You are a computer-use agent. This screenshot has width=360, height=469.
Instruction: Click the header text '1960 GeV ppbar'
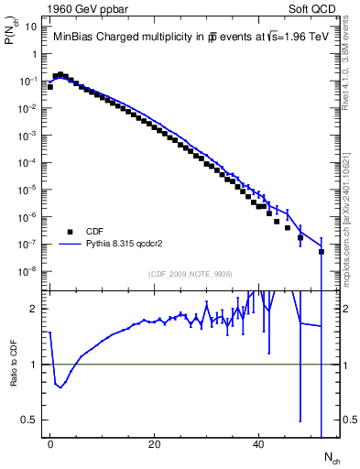click(82, 8)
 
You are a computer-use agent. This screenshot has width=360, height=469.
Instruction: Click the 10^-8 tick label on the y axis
click(27, 271)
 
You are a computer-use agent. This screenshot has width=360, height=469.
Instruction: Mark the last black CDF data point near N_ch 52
click(322, 251)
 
